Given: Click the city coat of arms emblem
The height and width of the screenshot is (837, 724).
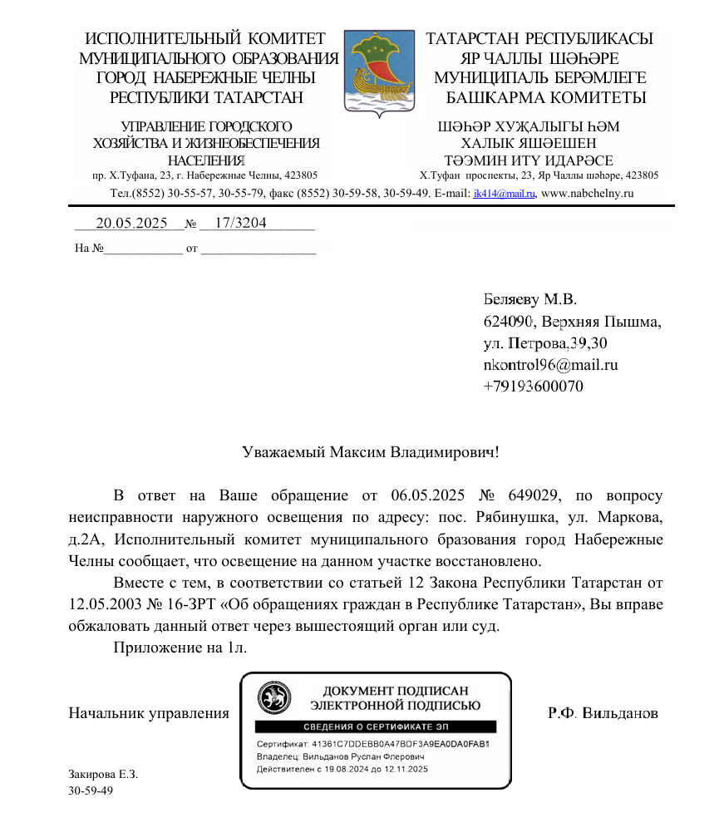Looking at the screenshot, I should (x=379, y=72).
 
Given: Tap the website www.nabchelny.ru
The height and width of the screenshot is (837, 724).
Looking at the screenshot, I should (x=588, y=194).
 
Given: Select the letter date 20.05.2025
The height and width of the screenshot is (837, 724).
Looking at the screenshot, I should (x=131, y=224).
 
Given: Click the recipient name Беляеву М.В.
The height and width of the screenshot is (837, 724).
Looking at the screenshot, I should (x=529, y=299).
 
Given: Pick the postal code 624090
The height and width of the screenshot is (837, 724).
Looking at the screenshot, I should (x=508, y=321).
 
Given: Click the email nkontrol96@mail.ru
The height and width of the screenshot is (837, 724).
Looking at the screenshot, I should (x=550, y=364).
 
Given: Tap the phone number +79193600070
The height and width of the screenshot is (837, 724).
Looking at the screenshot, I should (x=533, y=386).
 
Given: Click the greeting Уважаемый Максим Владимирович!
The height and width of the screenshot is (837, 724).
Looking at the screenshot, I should (x=371, y=453).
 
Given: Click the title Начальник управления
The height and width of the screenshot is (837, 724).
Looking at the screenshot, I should (x=149, y=713).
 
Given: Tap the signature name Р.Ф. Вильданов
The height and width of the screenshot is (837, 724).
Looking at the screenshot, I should (x=603, y=713).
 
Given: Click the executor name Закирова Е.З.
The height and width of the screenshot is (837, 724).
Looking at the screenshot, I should (x=103, y=774).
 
